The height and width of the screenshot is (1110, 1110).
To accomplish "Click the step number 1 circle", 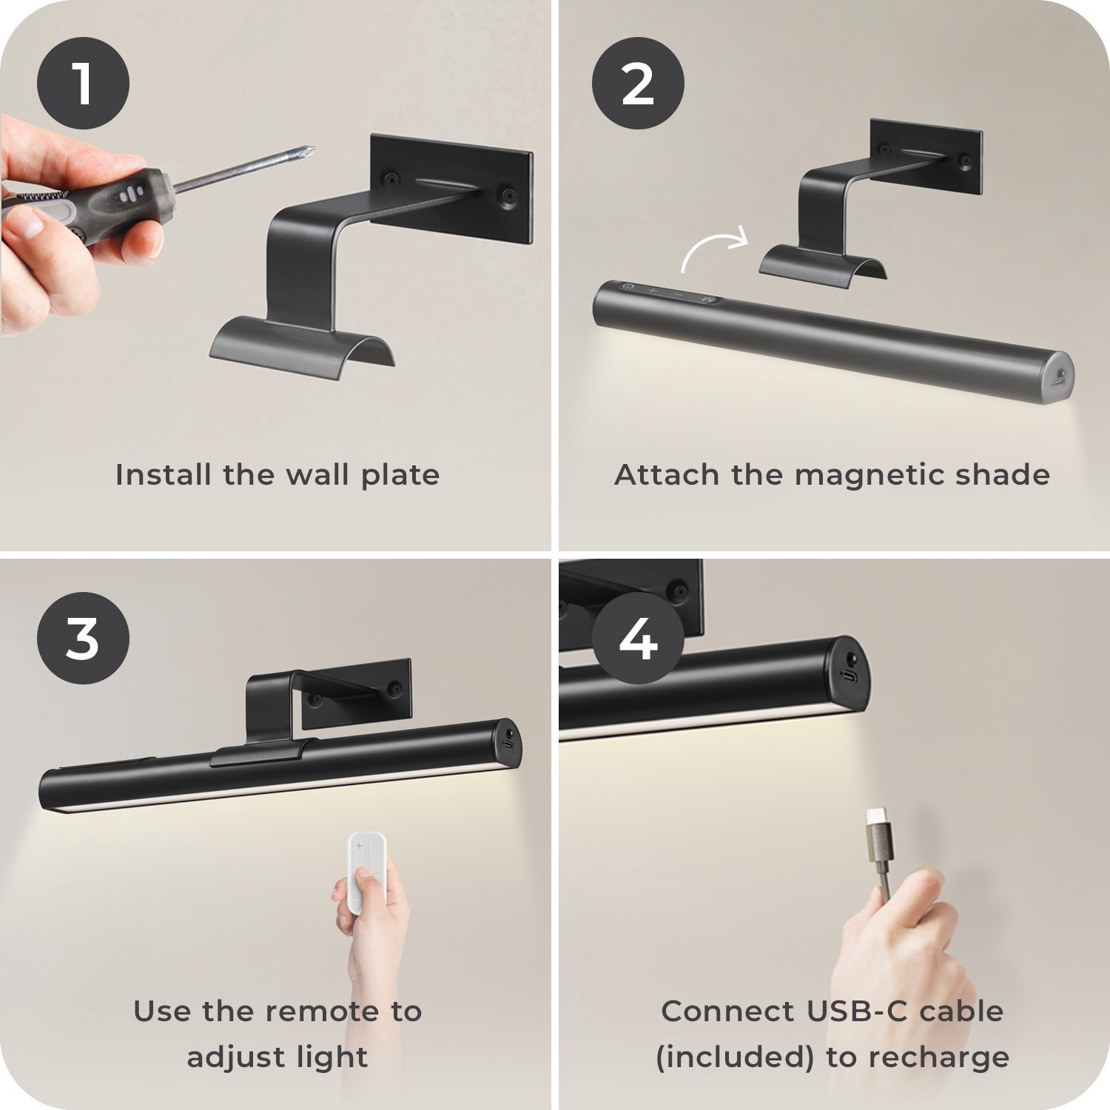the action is (83, 84).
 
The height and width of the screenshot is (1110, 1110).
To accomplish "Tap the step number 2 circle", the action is (638, 84).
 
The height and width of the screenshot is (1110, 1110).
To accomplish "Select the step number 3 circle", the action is (83, 638).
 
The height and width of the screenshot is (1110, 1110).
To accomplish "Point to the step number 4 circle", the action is (638, 638).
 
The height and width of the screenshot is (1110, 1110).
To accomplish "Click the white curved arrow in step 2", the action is (715, 248).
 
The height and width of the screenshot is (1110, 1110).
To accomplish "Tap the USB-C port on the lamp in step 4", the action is (852, 677).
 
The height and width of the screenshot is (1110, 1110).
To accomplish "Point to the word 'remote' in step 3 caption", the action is (323, 1011).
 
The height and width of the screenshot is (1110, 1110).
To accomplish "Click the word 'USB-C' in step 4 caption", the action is (858, 1011).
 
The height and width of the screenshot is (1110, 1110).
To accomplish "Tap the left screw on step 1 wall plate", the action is (389, 178).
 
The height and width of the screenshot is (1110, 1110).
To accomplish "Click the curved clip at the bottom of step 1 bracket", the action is (302, 348).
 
